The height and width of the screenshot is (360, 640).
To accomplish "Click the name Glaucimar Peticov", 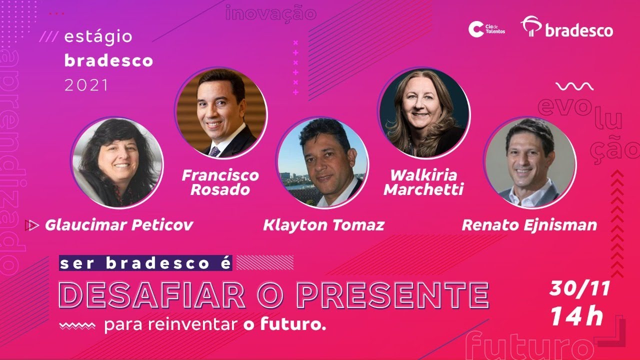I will pos(119,225).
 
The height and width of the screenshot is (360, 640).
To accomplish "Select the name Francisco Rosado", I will pos(220,182).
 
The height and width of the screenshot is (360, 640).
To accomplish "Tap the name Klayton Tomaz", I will pos(323,225).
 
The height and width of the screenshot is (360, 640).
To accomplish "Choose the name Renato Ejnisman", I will pos(529,225).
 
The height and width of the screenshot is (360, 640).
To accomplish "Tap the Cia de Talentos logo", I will pos(486,29).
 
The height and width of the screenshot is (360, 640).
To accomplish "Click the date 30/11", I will pos(580,288).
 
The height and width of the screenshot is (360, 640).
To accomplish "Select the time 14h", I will pos(577,316).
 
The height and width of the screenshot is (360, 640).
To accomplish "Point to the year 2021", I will pos(86,85).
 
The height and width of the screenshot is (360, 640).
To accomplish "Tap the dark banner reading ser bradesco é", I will pos(145,263).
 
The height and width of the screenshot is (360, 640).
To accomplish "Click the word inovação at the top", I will pos(271,13).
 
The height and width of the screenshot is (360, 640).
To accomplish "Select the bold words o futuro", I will pos(284,325).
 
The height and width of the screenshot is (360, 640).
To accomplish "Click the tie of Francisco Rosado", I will pos(214,151).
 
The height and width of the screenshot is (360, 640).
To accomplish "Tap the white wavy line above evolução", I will pos(574,87).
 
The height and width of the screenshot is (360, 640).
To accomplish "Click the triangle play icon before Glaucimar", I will pos(32,225).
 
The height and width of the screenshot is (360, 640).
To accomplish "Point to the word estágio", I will pos(98,36).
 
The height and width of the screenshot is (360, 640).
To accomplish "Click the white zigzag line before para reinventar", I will pos(77,326).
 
